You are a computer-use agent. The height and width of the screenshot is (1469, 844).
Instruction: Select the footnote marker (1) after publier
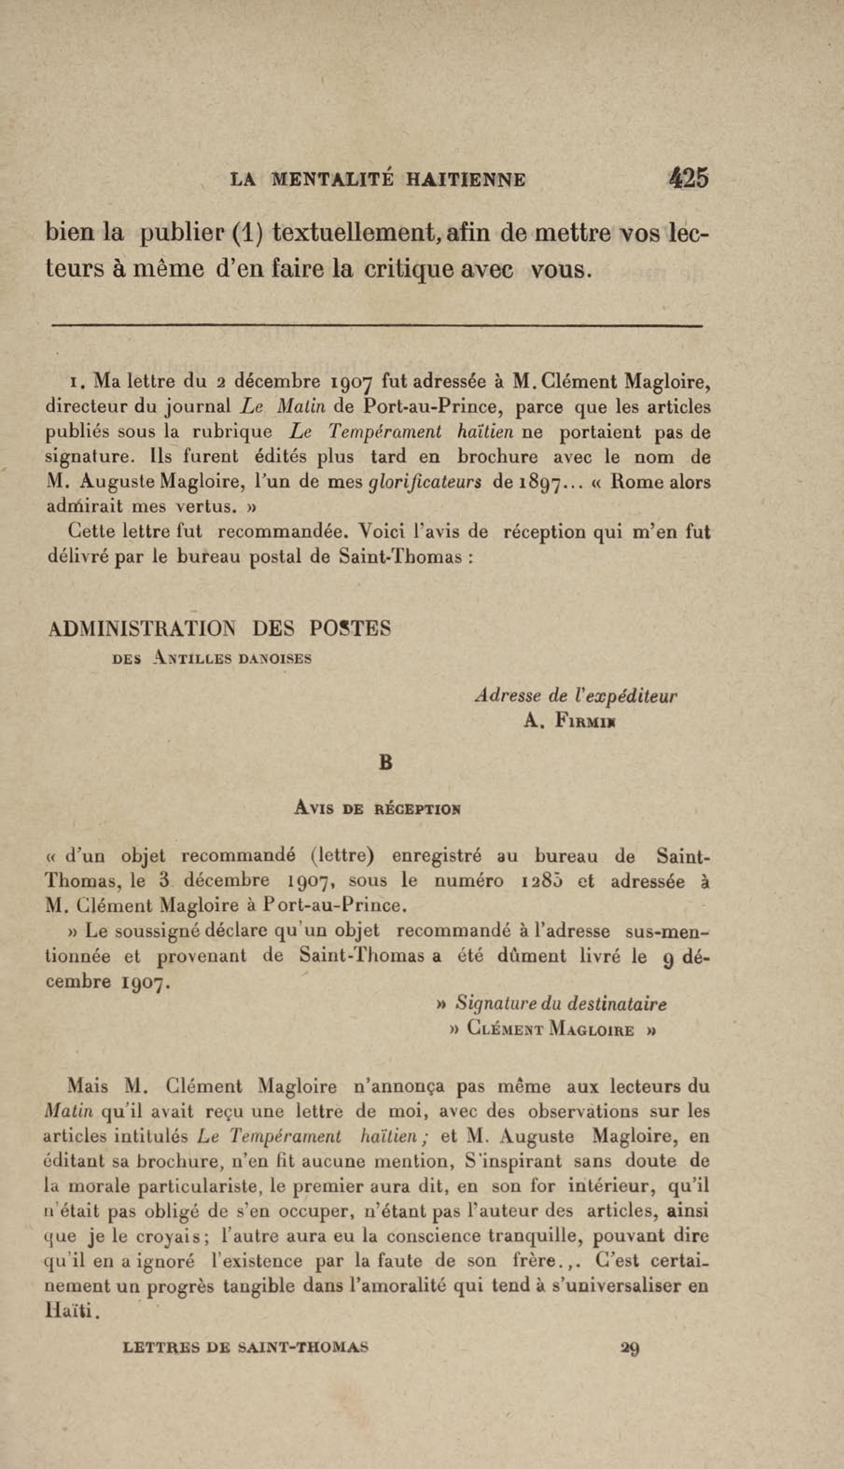point(248,234)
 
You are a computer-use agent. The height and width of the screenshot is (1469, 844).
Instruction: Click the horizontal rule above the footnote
point(377,326)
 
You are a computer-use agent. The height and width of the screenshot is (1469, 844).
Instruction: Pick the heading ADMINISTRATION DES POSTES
point(219,628)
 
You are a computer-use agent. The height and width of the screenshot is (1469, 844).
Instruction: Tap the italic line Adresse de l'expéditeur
point(575,696)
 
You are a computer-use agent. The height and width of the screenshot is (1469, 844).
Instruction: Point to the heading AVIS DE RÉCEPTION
point(377,808)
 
